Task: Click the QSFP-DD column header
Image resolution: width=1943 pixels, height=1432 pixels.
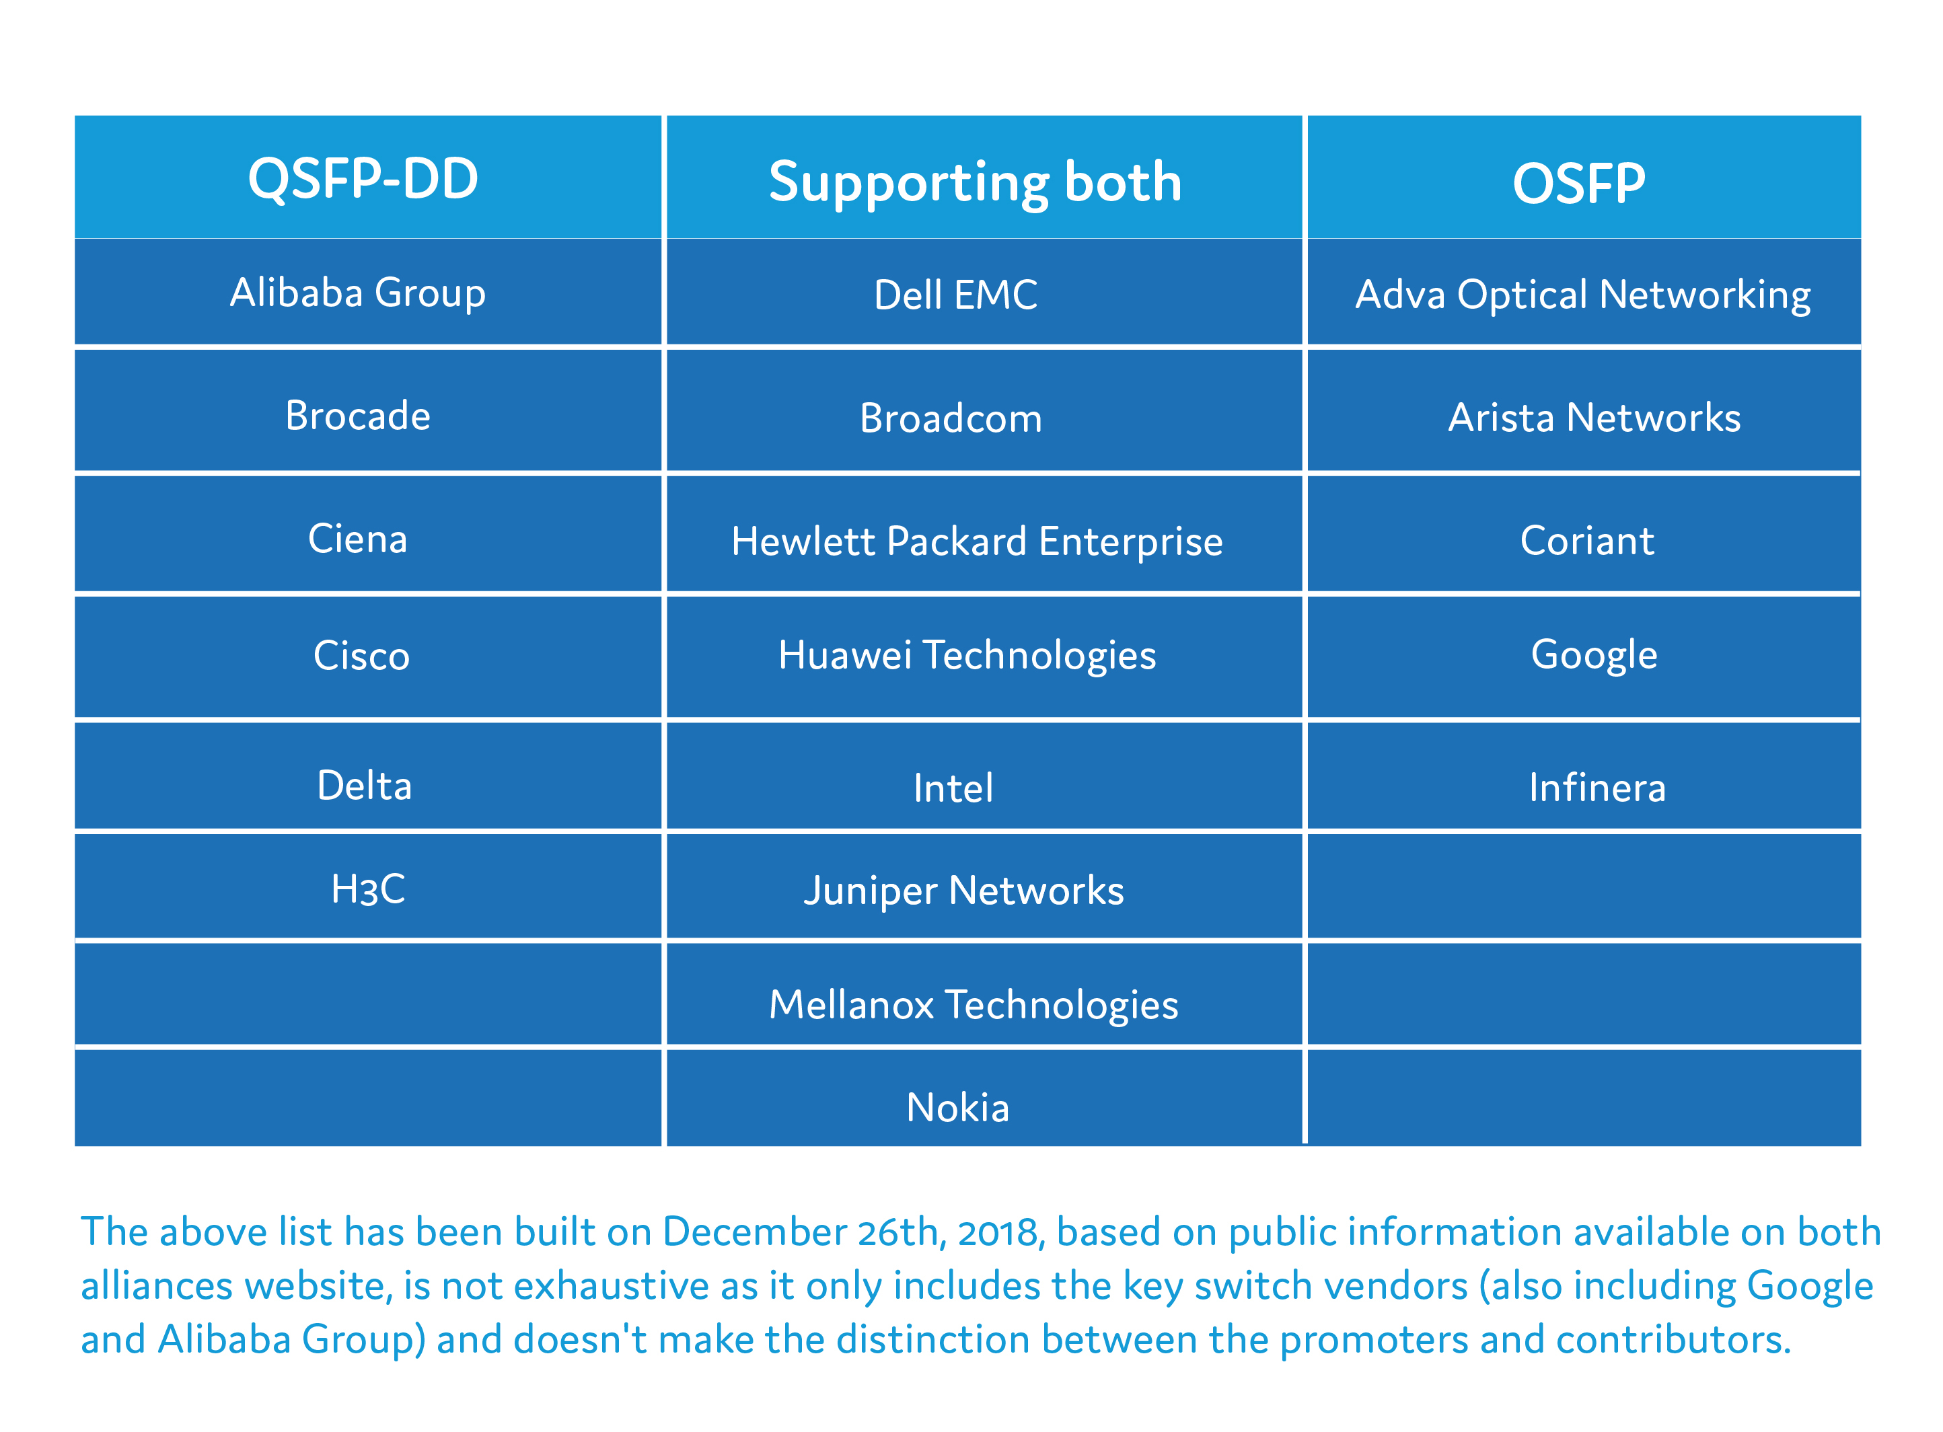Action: [x=363, y=178]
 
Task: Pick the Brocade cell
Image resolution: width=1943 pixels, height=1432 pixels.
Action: [x=357, y=415]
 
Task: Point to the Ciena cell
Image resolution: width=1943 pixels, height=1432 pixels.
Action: [x=357, y=538]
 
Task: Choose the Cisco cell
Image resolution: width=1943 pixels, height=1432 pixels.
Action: [x=361, y=654]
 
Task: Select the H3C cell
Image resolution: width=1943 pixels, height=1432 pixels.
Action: [x=367, y=889]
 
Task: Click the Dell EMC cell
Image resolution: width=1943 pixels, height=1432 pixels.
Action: [x=955, y=295]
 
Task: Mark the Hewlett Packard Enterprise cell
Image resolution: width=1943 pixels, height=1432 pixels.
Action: [x=976, y=541]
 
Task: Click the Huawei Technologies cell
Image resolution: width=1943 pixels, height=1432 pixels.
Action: [x=967, y=654]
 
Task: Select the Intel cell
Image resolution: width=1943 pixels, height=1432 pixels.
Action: [x=953, y=787]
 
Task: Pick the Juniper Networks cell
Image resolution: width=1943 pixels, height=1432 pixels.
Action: [x=963, y=891]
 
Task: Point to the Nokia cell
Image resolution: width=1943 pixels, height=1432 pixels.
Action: [x=957, y=1107]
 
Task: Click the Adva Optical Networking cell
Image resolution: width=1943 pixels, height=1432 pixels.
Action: [x=1582, y=295]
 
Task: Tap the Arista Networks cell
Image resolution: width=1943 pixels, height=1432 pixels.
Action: [x=1594, y=418]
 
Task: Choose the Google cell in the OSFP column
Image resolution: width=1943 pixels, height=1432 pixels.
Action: [x=1594, y=654]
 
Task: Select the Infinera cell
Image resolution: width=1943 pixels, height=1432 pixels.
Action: [x=1597, y=787]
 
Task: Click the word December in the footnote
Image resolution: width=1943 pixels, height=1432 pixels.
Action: [x=754, y=1232]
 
